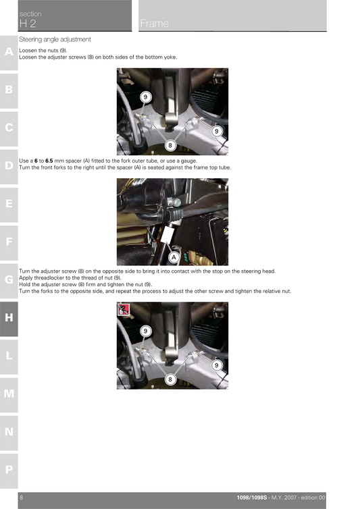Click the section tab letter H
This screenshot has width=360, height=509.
[x=9, y=317]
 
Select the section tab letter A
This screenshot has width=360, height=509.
[x=9, y=51]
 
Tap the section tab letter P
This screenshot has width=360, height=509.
[x=9, y=468]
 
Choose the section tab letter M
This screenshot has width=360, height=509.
[x=9, y=392]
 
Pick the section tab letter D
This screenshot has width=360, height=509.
[x=9, y=165]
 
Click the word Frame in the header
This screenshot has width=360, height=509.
[x=155, y=24]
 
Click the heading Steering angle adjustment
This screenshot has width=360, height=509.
[x=55, y=40]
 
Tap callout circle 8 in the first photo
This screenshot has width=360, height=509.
[x=171, y=145]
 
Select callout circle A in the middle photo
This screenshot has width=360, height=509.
[x=174, y=257]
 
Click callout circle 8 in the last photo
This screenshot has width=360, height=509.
[x=171, y=379]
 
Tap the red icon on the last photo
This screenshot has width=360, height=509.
[x=124, y=309]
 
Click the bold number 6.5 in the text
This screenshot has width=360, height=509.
[x=49, y=161]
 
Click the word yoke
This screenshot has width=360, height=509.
[x=170, y=57]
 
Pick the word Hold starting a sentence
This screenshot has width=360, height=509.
[x=25, y=284]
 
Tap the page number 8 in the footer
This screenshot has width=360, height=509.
[x=22, y=498]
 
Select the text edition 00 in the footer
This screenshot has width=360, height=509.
[x=313, y=498]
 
